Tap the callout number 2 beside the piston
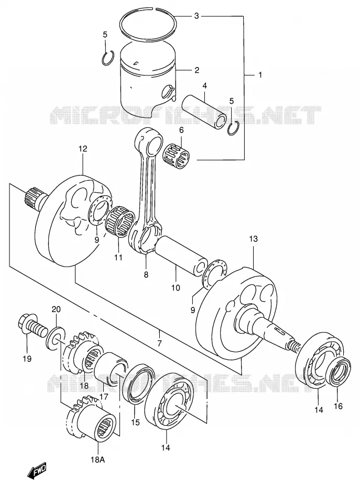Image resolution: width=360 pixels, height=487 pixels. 197,70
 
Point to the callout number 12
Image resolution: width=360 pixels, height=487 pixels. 83,149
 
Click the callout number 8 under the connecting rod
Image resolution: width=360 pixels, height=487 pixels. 146,274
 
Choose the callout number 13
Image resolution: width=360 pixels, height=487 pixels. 254,239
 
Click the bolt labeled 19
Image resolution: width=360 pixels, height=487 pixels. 32,328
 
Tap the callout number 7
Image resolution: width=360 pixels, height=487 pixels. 159,343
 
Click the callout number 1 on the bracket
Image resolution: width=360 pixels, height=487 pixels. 260,75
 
